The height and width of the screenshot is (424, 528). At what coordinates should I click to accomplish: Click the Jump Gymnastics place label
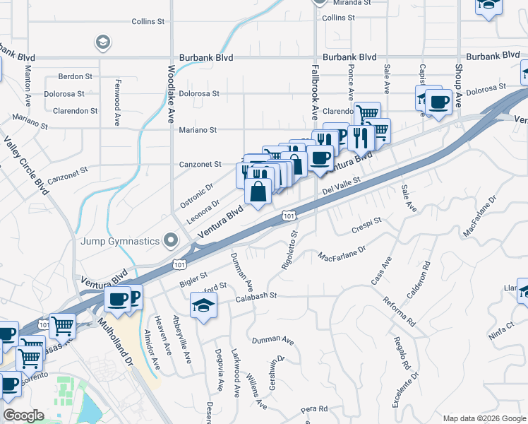[119, 242]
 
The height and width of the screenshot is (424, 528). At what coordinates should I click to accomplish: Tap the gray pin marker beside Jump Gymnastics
[170, 241]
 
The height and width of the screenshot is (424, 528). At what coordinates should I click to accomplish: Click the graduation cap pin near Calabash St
[203, 306]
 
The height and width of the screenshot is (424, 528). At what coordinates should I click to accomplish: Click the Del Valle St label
[342, 186]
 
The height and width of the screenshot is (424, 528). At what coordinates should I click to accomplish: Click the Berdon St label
[76, 76]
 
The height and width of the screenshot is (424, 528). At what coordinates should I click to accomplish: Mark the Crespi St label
[366, 226]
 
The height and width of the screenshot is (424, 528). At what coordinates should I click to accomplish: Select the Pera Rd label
[315, 409]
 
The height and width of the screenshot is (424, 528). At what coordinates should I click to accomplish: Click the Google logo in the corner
[23, 416]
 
